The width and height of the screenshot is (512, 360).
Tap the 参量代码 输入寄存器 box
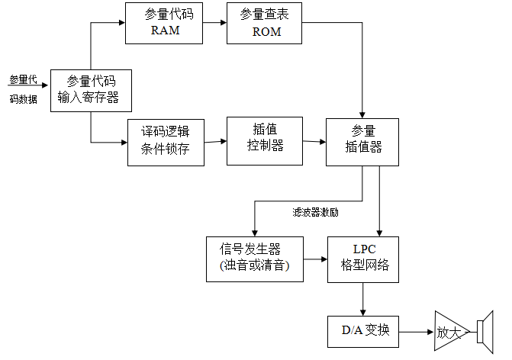click(90, 91)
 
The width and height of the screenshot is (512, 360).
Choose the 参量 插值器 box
click(362, 141)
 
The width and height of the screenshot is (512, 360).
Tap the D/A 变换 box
click(363, 330)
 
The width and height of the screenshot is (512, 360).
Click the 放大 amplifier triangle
click(448, 331)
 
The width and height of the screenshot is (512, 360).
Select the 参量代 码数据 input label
click(23, 88)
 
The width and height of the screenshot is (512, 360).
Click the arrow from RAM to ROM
click(216, 23)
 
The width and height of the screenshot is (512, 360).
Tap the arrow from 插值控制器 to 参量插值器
click(314, 141)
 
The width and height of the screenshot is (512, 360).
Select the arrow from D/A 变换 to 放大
click(416, 331)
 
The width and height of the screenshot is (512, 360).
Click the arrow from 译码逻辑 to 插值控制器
click(217, 141)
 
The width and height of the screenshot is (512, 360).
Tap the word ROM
click(266, 32)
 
